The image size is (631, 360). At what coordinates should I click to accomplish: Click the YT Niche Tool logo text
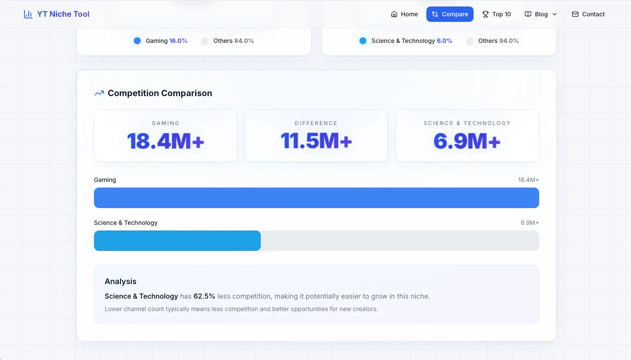tap(63, 14)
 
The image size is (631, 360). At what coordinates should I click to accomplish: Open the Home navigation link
tap(404, 14)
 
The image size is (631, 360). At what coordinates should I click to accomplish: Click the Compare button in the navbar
tap(450, 14)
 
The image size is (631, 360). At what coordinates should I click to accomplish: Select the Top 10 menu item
tap(496, 14)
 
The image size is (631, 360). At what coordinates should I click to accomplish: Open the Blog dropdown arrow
tap(555, 14)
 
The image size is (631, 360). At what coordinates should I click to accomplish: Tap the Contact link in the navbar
tap(588, 14)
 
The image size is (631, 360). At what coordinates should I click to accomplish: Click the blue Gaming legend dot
tap(137, 41)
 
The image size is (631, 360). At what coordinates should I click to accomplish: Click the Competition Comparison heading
tap(160, 93)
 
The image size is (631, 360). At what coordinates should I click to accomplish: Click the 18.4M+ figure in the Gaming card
tap(166, 141)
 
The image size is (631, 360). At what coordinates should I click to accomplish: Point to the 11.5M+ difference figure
tap(316, 141)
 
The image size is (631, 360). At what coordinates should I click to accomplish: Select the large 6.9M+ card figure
tap(467, 141)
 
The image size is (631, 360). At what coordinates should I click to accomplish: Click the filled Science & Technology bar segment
tap(177, 241)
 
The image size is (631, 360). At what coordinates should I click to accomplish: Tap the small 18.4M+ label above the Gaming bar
tap(528, 180)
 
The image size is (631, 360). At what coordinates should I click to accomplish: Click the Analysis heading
tap(121, 281)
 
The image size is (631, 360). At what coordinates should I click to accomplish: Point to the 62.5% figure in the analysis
tap(204, 296)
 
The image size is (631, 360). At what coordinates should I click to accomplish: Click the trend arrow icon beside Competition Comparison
tap(99, 93)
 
